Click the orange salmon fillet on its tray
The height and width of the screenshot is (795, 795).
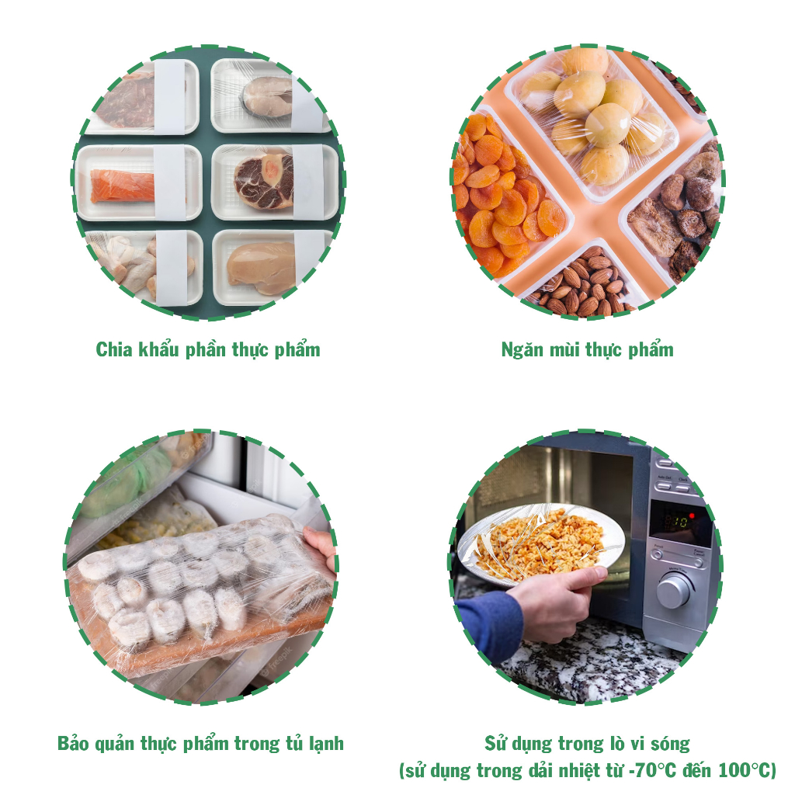122,186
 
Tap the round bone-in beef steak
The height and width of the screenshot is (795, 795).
264,181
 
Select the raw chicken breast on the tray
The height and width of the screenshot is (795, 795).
261,267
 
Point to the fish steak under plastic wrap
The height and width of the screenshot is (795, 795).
268,96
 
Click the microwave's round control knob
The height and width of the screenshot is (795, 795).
675,590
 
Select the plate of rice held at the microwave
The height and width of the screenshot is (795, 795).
541,546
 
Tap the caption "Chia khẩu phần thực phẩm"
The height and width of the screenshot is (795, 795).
208,350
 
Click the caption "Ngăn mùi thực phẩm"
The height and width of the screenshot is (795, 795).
587,350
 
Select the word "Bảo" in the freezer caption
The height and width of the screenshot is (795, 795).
73,743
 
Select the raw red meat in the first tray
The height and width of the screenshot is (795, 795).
126,102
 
